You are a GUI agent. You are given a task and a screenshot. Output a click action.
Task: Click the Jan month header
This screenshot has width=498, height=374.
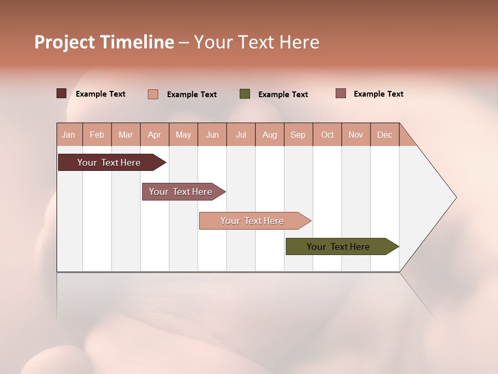(x=68, y=135)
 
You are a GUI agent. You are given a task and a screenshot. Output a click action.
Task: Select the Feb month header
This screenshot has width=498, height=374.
(x=97, y=135)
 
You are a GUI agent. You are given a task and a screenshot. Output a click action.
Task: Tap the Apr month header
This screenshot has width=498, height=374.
(x=154, y=135)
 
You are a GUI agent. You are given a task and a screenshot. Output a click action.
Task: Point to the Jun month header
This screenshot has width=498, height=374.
(x=212, y=135)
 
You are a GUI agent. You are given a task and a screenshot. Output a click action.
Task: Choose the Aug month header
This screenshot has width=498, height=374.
(x=269, y=135)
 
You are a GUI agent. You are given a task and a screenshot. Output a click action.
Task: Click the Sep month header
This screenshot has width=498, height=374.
(x=298, y=135)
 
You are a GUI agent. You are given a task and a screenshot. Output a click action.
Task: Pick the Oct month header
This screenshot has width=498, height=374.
(x=327, y=135)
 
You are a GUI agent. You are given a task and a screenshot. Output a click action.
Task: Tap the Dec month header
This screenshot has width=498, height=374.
(x=384, y=135)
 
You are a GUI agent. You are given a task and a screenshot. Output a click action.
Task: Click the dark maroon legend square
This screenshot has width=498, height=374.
(x=61, y=94)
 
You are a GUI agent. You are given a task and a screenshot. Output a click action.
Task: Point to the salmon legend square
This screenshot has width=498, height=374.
(x=153, y=94)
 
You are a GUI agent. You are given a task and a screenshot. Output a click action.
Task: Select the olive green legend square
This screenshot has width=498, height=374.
(x=245, y=94)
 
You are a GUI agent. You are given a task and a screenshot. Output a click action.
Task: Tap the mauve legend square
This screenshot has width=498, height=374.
(x=340, y=94)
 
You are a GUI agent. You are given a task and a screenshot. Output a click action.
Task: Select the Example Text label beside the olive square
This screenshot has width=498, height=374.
(x=283, y=95)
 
